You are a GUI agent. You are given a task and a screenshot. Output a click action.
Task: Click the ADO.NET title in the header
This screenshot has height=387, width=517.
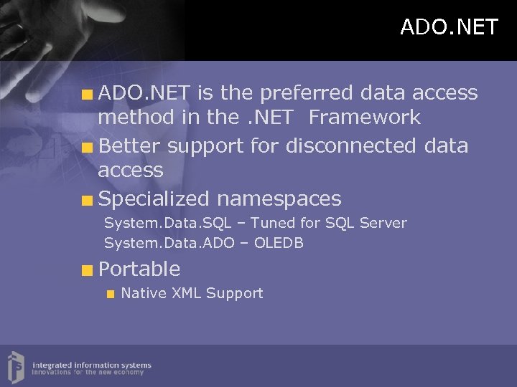pyautogui.click(x=449, y=27)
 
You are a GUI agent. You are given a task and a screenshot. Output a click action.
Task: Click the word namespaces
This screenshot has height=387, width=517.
pyautogui.click(x=279, y=199)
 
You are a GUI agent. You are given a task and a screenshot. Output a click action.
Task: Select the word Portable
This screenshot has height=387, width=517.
pyautogui.click(x=139, y=269)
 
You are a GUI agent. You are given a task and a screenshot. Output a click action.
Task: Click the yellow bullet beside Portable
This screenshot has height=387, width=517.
pyautogui.click(x=87, y=270)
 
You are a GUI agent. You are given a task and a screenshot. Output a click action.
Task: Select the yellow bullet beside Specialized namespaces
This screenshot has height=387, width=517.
pyautogui.click(x=87, y=199)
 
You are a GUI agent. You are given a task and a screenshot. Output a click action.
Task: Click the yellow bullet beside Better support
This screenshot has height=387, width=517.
pyautogui.click(x=87, y=147)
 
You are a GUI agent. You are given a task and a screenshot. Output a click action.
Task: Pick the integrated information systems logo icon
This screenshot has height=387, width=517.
pyautogui.click(x=17, y=365)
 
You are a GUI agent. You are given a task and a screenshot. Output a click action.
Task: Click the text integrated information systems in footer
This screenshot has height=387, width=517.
pyautogui.click(x=91, y=365)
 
